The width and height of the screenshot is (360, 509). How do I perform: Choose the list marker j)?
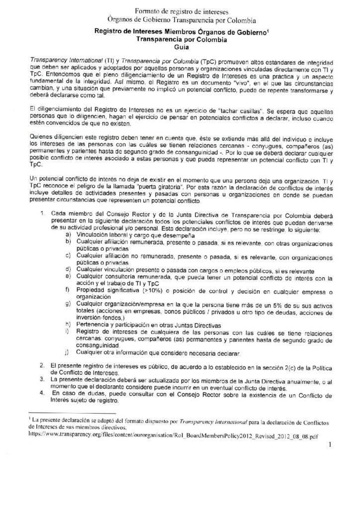click(68, 353)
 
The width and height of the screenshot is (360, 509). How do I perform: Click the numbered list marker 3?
click(43, 379)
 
